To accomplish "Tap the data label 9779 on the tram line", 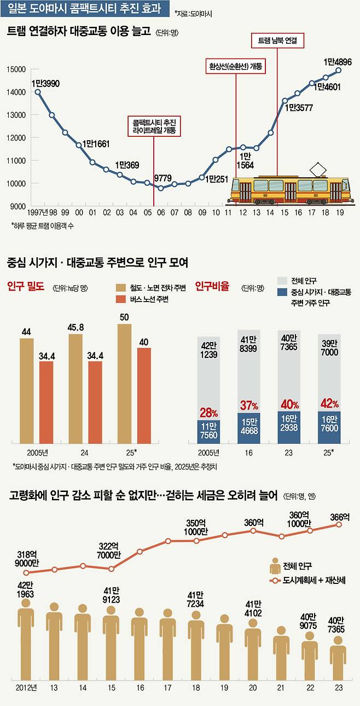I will pyautogui.click(x=162, y=178).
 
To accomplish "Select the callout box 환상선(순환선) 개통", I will pyautogui.click(x=236, y=66).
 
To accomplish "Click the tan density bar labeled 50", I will pyautogui.click(x=125, y=383).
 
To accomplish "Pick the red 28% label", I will pyautogui.click(x=208, y=412).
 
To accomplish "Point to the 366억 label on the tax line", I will pyautogui.click(x=339, y=516).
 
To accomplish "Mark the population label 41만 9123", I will pyautogui.click(x=111, y=594).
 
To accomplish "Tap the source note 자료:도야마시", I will pyautogui.click(x=195, y=12).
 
